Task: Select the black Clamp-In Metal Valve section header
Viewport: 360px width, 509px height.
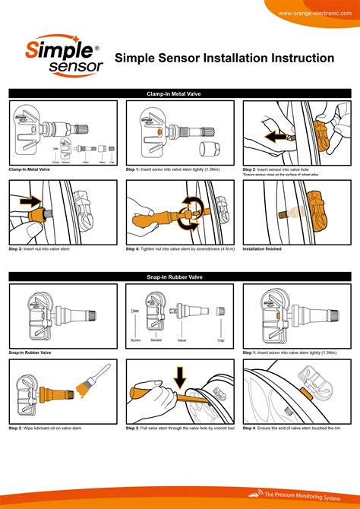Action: point(179,93)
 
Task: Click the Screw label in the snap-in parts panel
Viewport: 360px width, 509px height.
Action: point(136,340)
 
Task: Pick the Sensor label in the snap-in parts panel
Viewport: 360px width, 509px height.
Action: point(156,340)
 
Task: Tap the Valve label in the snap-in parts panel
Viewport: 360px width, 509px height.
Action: point(182,340)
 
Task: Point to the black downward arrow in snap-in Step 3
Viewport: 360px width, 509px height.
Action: point(181,375)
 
